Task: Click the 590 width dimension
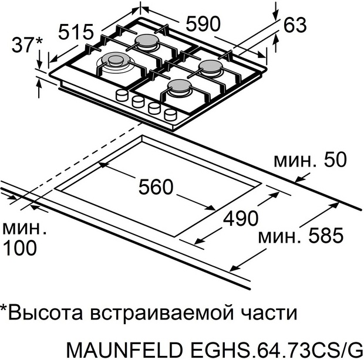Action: [x=203, y=23]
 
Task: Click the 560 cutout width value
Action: [x=156, y=187]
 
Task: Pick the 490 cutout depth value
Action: [x=240, y=218]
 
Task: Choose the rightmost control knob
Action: [x=171, y=113]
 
